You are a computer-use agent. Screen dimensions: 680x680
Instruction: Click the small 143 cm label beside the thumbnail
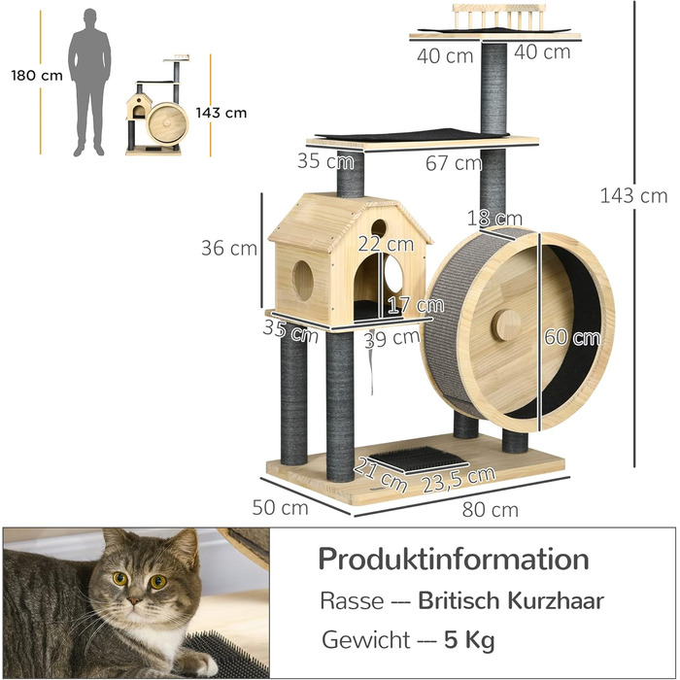click(x=221, y=113)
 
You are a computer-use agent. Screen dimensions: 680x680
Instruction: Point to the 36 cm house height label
click(x=229, y=248)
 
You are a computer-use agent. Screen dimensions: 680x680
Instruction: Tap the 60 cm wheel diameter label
click(x=572, y=338)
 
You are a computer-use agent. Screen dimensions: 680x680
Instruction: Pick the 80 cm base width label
click(x=491, y=509)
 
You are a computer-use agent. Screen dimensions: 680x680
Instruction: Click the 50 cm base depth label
click(x=281, y=507)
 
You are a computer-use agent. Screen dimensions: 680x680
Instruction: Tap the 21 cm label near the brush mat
click(x=381, y=473)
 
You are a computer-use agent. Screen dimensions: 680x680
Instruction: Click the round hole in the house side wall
click(x=303, y=280)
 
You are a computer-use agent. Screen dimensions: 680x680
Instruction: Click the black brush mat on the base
click(x=421, y=458)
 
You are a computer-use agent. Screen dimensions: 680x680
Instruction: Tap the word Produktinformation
click(x=454, y=560)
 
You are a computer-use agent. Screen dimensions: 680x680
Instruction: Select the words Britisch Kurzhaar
click(x=511, y=600)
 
